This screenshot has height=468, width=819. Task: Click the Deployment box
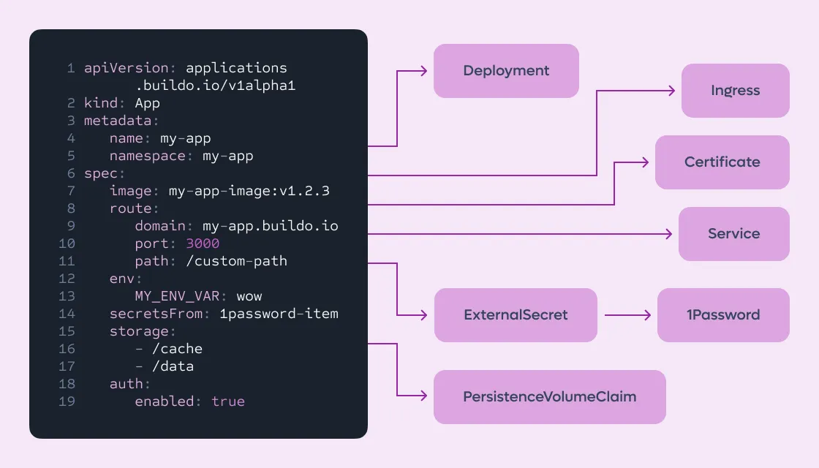tap(506, 71)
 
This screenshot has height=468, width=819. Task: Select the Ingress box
tap(736, 91)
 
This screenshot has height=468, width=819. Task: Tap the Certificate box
tap(722, 162)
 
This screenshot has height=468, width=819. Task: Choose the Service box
tap(734, 233)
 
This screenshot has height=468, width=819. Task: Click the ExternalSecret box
tap(516, 315)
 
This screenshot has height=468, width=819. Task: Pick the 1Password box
tap(723, 315)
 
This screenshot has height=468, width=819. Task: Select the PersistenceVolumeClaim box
tap(549, 397)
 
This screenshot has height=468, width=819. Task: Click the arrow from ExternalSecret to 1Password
tap(627, 315)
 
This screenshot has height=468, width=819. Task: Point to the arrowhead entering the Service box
tap(669, 233)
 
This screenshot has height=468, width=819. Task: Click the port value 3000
tap(203, 244)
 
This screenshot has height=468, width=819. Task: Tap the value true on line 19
tap(228, 401)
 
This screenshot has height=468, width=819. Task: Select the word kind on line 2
tap(101, 103)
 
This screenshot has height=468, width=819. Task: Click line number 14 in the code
tap(67, 314)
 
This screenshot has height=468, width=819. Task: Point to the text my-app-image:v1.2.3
tap(249, 191)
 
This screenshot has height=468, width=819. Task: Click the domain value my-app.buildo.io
tap(270, 226)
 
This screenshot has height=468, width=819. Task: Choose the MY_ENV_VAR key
tap(177, 296)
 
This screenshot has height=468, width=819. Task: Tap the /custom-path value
tap(237, 261)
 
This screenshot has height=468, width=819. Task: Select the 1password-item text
tap(279, 314)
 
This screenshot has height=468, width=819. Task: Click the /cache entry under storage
tap(177, 349)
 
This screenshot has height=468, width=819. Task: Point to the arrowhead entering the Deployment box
tap(424, 71)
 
